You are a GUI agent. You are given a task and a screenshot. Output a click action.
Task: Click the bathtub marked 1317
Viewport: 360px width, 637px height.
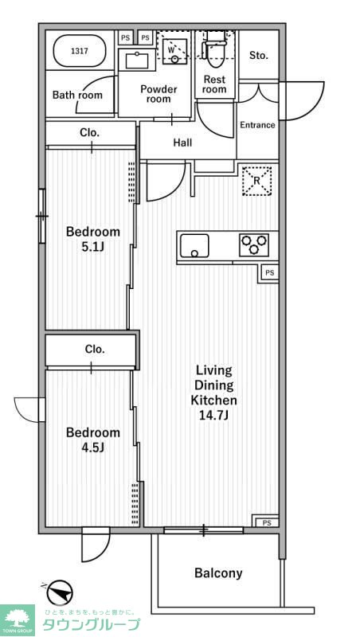(x=80, y=51)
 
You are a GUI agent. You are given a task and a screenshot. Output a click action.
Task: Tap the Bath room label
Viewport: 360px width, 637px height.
(x=77, y=95)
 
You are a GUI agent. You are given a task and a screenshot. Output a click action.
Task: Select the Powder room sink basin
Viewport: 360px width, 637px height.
(x=137, y=61)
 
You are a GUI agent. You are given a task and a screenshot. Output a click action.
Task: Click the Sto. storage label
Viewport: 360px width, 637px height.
(x=258, y=55)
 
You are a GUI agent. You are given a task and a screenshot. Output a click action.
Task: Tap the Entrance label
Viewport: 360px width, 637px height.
(x=257, y=125)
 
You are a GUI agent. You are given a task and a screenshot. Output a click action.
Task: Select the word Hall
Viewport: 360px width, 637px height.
(x=182, y=143)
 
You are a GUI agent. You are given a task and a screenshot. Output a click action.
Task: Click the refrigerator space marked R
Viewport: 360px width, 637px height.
(x=256, y=182)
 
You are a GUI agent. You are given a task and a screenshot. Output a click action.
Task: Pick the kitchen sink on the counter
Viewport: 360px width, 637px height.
(x=194, y=245)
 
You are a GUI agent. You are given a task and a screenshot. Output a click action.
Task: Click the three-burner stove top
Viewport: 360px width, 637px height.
(x=253, y=245)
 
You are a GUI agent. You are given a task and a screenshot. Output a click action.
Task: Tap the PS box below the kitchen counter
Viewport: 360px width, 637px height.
(x=268, y=273)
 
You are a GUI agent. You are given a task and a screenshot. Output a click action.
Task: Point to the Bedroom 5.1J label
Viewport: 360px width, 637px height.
(x=93, y=239)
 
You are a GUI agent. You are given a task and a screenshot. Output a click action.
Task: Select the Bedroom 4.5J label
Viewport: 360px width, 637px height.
(x=93, y=440)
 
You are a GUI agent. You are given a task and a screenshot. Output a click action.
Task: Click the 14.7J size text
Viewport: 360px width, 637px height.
(x=213, y=416)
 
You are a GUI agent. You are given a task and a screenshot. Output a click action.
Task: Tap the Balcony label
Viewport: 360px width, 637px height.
(x=218, y=573)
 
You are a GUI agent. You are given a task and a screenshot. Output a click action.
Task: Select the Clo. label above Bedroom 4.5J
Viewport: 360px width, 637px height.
(x=95, y=349)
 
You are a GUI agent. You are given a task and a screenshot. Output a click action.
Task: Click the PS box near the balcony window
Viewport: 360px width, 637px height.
(x=266, y=522)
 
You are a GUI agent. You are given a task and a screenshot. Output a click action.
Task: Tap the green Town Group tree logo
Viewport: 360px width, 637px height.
(x=18, y=620)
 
